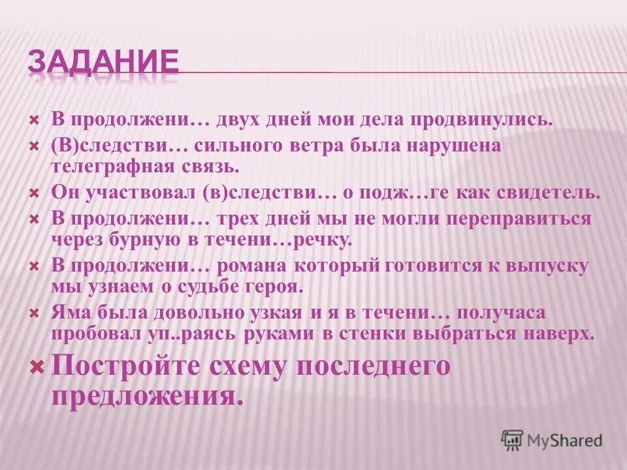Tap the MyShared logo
[x=551, y=440]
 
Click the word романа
[x=254, y=266]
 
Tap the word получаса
[x=510, y=313]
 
